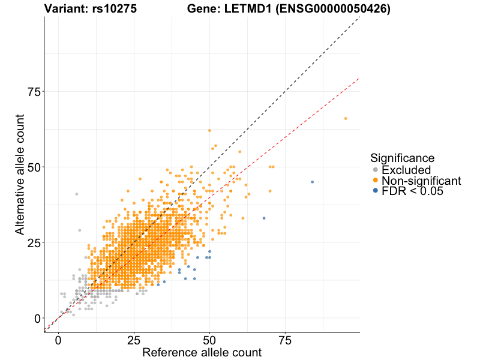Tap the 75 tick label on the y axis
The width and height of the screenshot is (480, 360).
tap(35, 92)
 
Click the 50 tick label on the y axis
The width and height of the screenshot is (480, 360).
tap(35, 167)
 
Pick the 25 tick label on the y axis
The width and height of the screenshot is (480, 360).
tap(35, 243)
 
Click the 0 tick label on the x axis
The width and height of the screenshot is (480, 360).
tap(58, 341)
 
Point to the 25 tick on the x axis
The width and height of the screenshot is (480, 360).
tap(134, 341)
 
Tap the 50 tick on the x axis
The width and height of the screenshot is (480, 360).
tap(209, 341)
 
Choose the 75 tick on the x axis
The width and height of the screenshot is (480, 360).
tap(285, 341)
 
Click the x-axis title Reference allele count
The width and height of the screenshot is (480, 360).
tap(202, 352)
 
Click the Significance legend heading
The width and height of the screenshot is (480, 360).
tap(402, 158)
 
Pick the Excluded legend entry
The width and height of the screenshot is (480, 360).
tap(406, 170)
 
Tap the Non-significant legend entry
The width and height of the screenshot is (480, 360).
tap(420, 180)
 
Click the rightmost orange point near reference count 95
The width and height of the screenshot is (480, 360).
tap(345, 118)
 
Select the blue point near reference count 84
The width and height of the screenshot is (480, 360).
tap(312, 182)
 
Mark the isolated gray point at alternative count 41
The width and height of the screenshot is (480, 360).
tap(76, 194)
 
